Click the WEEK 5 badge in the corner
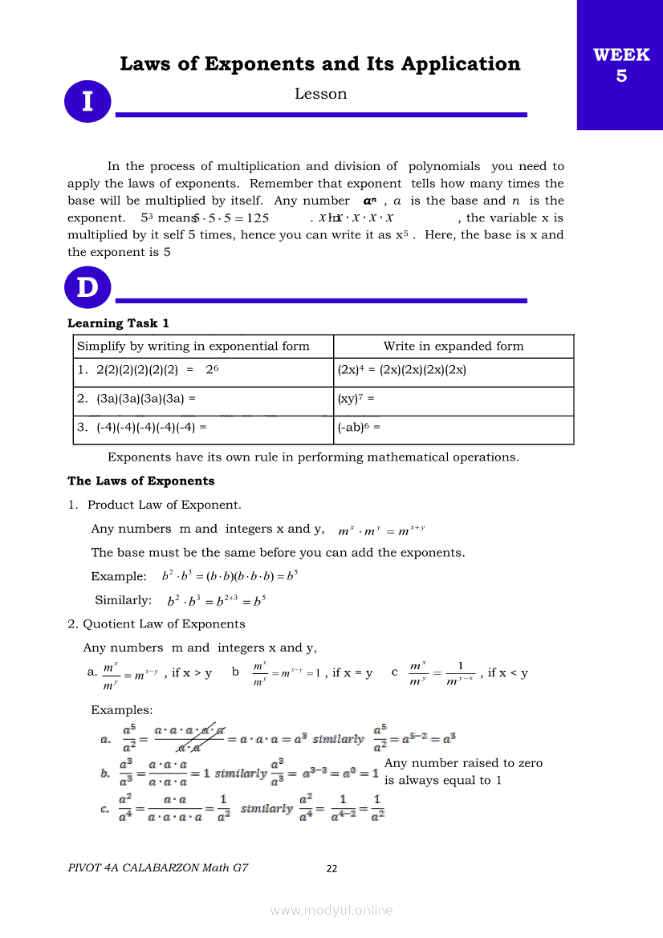click(x=620, y=65)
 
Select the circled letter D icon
click(x=87, y=287)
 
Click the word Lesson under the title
click(x=320, y=94)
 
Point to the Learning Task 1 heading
click(x=118, y=323)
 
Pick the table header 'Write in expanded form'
click(x=454, y=347)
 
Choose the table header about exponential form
click(x=193, y=347)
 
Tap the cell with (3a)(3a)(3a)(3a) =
click(x=136, y=398)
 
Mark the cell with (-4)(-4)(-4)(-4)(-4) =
click(x=141, y=428)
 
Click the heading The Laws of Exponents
click(x=141, y=481)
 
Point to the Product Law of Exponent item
click(x=164, y=506)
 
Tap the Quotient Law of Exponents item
click(x=164, y=624)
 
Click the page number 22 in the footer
click(x=332, y=868)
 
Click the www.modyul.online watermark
click(x=331, y=910)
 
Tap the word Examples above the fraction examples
click(x=121, y=711)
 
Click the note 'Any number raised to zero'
click(x=463, y=763)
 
